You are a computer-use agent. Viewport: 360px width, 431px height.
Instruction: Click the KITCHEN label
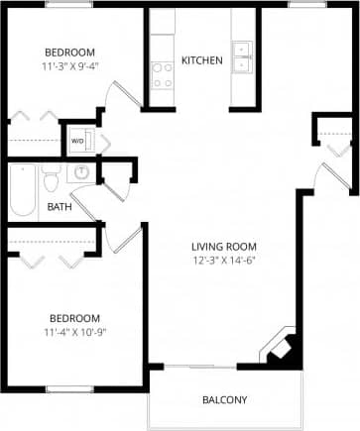click(x=202, y=60)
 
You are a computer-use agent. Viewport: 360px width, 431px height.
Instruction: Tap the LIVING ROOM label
click(x=225, y=247)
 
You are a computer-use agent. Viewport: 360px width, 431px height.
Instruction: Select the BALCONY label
click(x=225, y=400)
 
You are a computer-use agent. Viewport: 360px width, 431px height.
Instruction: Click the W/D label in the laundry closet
click(x=76, y=141)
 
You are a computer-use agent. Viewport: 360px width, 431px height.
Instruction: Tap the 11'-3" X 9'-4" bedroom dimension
click(x=70, y=67)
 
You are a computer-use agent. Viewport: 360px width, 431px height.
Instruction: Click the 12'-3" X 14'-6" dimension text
click(x=225, y=261)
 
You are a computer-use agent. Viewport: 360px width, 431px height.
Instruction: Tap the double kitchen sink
click(x=242, y=58)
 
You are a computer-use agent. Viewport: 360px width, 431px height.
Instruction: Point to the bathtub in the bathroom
click(x=23, y=189)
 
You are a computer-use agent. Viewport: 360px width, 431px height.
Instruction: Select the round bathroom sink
click(x=82, y=172)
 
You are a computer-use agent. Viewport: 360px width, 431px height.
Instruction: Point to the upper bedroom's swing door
click(x=120, y=95)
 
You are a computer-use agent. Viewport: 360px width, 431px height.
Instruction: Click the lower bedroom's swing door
click(x=127, y=239)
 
